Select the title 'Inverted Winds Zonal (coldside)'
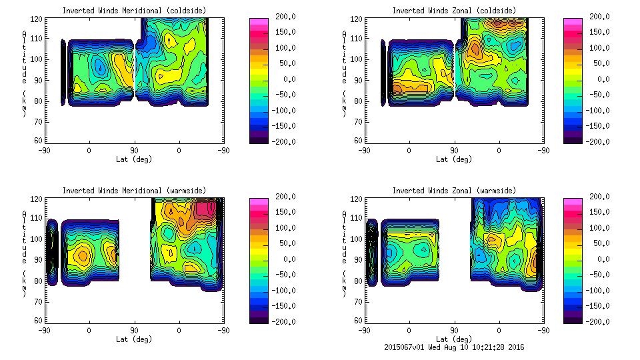coord(453,10)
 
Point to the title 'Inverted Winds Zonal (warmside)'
coord(453,190)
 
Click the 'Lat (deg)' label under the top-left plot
coord(134,159)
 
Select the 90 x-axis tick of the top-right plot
coord(455,150)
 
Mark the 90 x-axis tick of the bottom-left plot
coord(134,330)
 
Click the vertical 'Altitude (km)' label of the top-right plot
coord(345,73)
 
